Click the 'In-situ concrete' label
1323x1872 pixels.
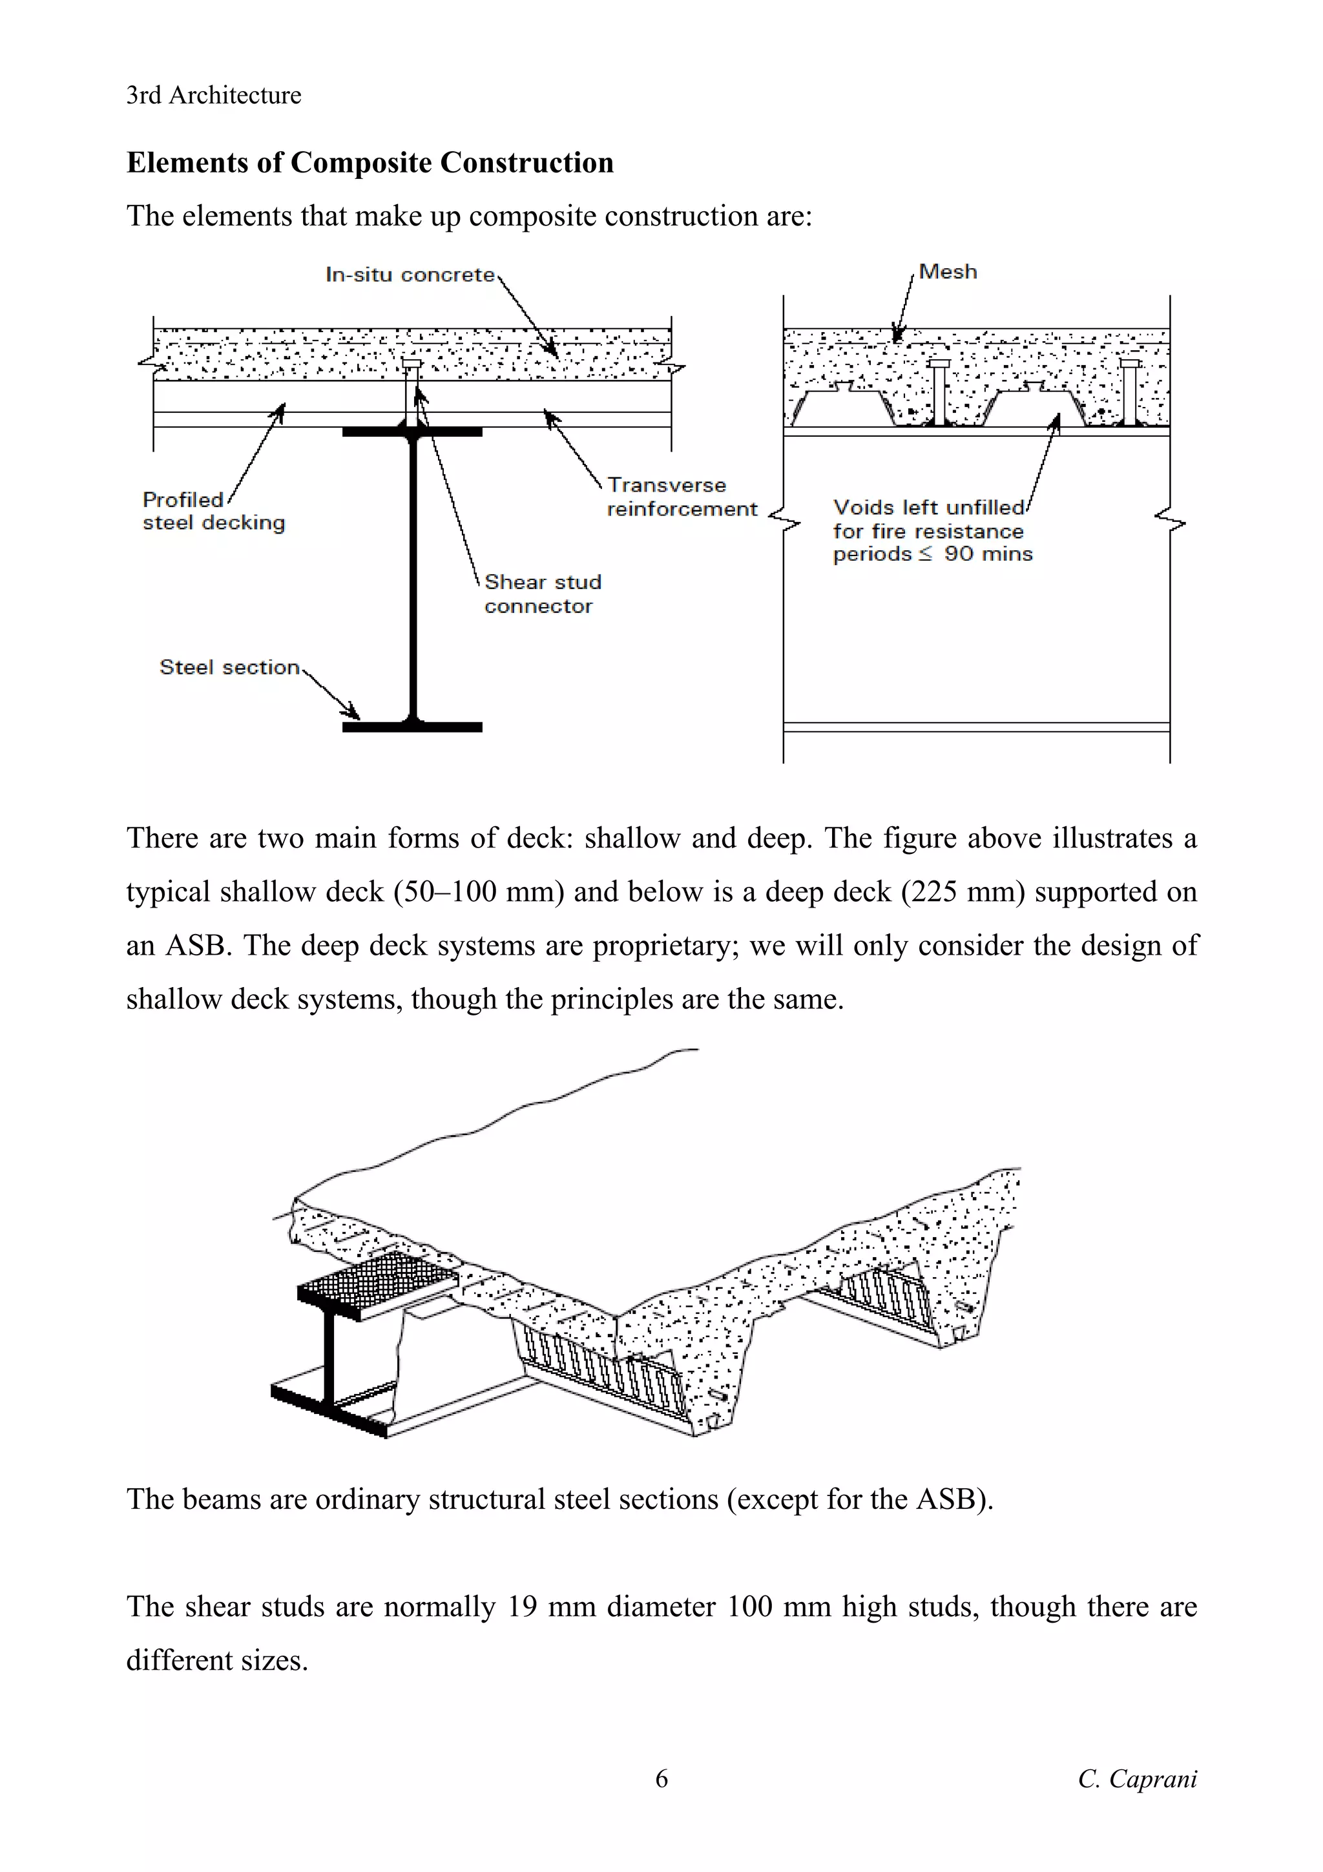pyautogui.click(x=410, y=275)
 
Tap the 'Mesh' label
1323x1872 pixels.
pyautogui.click(x=947, y=271)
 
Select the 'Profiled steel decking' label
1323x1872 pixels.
pyautogui.click(x=214, y=511)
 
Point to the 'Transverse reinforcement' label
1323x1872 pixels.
pyautogui.click(x=682, y=497)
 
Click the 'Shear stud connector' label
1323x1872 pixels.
pyautogui.click(x=542, y=594)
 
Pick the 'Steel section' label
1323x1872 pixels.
pyautogui.click(x=230, y=667)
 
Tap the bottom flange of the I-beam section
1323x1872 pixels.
pyautogui.click(x=413, y=727)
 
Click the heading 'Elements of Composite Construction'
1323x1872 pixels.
pyautogui.click(x=370, y=162)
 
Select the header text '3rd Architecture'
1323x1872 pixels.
pyautogui.click(x=214, y=96)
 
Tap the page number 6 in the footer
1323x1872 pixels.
pyautogui.click(x=661, y=1801)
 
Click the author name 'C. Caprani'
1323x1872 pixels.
pyautogui.click(x=1136, y=1801)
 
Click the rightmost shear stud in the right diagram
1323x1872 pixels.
pyautogui.click(x=1129, y=391)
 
